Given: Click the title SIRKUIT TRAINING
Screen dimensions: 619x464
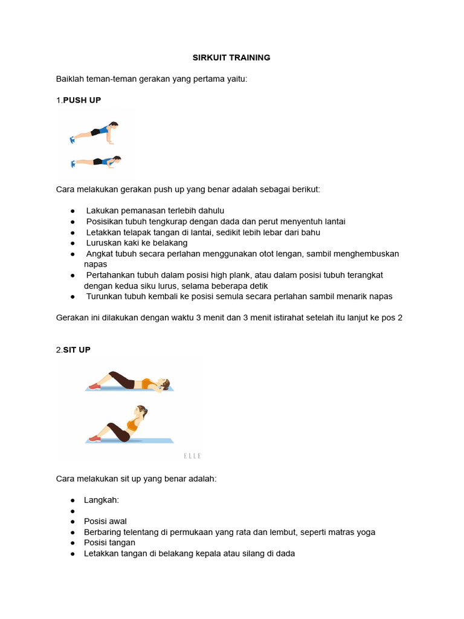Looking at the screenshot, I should pos(231,57).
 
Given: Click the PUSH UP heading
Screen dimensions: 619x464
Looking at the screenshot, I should pos(82,100).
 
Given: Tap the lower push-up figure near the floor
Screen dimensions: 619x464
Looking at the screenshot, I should pos(95,161).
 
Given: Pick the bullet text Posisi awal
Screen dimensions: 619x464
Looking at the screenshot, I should pos(105,521).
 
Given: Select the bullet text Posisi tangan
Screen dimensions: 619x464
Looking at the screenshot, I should pos(109,542).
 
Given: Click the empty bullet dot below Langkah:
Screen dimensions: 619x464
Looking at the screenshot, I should pos(72,511).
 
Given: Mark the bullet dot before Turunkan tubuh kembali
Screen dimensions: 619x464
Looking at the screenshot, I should pos(72,296).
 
